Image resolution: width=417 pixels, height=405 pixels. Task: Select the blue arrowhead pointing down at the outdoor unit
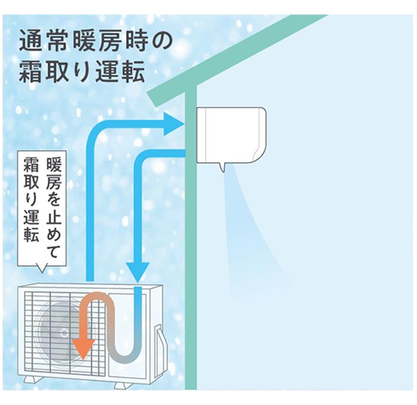tap(136, 272)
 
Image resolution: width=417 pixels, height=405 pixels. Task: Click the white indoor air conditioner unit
tap(231, 134)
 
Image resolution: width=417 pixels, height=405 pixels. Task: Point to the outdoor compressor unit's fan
tap(60, 328)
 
